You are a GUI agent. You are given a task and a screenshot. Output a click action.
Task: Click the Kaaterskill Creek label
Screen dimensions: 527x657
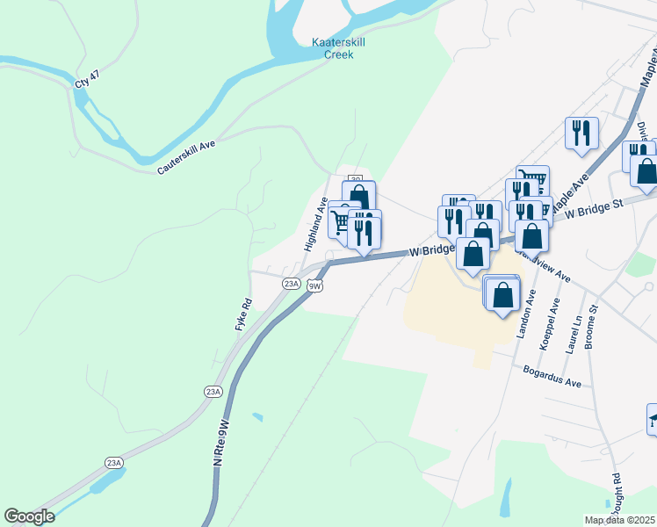tap(333, 48)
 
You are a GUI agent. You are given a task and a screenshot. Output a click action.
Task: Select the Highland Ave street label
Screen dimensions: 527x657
tap(316, 224)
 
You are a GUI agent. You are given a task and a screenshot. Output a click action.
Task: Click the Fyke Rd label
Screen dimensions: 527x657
tap(243, 314)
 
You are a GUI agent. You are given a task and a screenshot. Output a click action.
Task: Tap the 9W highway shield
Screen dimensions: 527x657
tap(315, 285)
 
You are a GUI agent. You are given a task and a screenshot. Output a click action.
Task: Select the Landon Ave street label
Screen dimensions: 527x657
tap(531, 317)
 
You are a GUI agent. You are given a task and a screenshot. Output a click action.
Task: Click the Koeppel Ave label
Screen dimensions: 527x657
tap(553, 324)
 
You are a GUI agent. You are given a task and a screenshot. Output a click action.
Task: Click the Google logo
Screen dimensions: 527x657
tap(29, 516)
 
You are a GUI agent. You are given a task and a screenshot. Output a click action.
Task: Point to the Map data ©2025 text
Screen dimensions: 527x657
tap(619, 520)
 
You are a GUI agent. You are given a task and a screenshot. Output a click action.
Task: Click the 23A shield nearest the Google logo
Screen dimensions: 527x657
tap(113, 463)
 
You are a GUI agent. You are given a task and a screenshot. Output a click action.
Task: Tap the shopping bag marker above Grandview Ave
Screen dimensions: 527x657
tap(532, 235)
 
